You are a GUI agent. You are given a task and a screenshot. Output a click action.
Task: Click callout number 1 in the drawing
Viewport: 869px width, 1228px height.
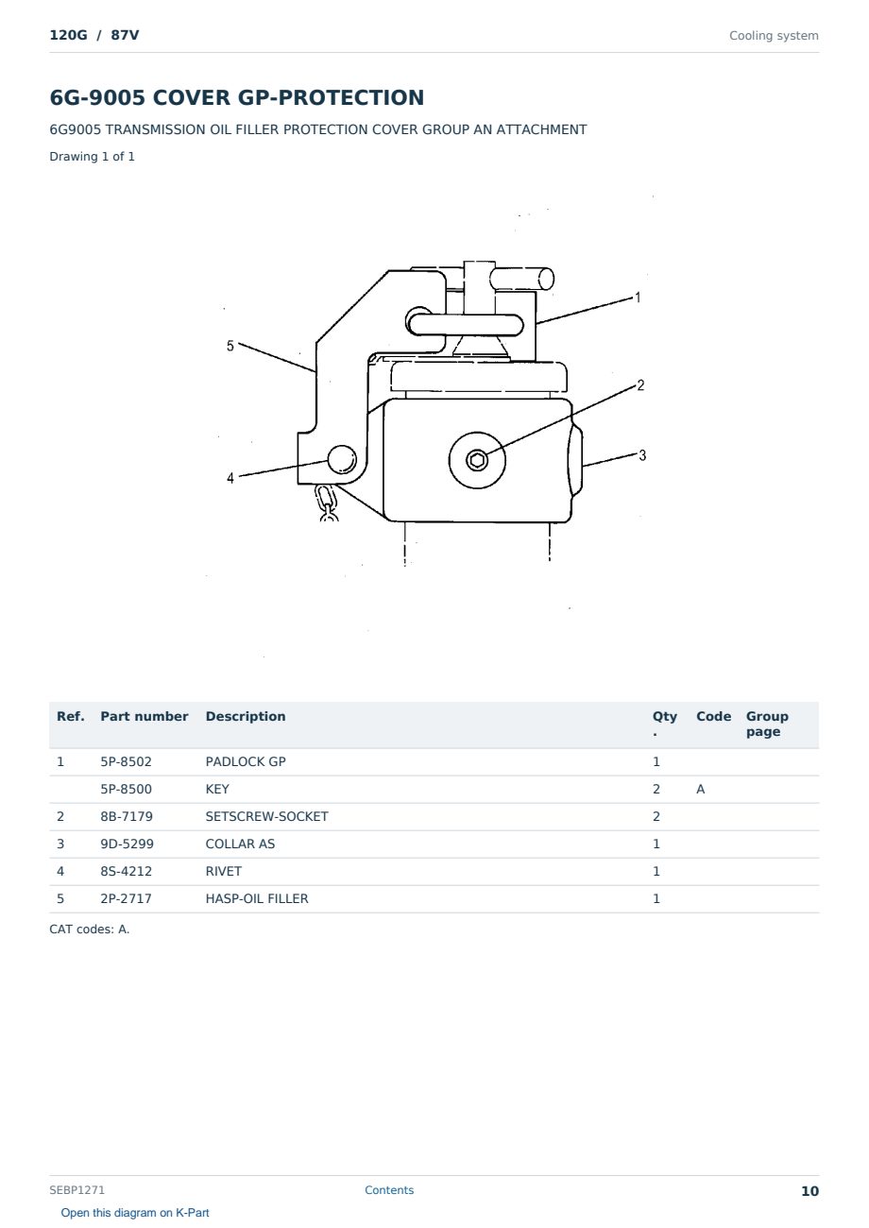(638, 298)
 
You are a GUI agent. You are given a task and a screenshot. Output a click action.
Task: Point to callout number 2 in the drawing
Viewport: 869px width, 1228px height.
(640, 385)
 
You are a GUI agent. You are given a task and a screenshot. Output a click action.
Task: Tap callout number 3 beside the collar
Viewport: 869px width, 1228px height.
(642, 455)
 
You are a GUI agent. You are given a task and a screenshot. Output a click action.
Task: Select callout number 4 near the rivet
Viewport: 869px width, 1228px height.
(230, 478)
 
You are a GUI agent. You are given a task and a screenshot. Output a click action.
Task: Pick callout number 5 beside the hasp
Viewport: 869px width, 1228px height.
(230, 346)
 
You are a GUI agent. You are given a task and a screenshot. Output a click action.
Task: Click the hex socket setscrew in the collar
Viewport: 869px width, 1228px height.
(477, 460)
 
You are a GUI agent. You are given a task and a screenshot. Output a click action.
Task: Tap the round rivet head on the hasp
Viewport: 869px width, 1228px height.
(342, 459)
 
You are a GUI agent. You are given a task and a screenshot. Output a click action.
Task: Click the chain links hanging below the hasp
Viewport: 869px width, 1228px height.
(327, 503)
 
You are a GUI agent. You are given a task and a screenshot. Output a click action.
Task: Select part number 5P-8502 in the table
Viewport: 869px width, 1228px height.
(126, 761)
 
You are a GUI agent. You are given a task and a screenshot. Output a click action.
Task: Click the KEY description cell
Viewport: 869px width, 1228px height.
(217, 789)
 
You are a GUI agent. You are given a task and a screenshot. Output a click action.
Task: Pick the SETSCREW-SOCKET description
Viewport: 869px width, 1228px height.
(266, 816)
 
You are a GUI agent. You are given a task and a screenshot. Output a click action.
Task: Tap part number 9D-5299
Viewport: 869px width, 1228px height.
(127, 844)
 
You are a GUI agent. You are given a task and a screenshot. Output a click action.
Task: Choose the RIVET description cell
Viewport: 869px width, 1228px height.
(223, 871)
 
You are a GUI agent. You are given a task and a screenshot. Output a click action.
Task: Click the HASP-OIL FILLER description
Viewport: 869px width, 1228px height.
(257, 898)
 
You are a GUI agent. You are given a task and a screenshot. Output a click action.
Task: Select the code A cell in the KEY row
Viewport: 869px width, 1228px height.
(700, 789)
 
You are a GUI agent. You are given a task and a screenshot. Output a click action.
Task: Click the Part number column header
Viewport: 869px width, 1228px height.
(145, 716)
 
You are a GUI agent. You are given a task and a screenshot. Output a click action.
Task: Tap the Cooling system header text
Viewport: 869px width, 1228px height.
(774, 36)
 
